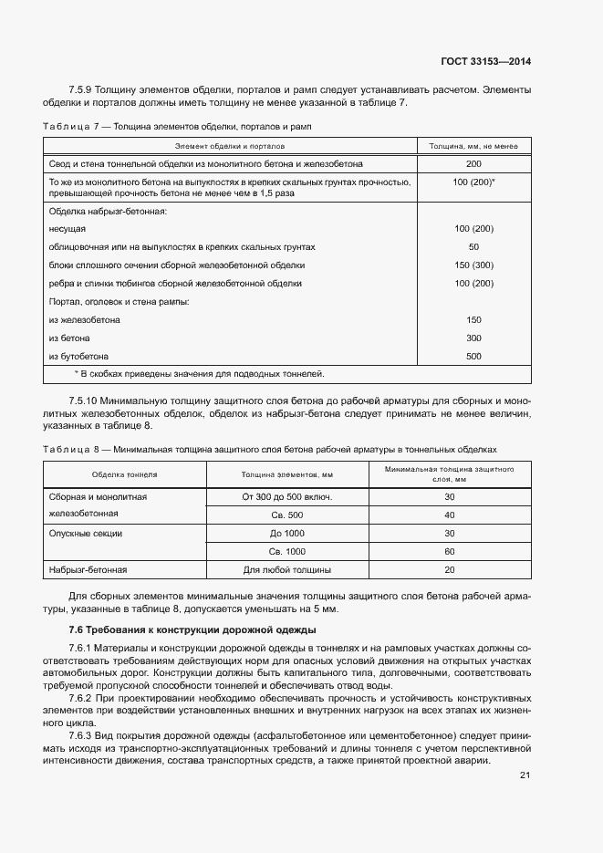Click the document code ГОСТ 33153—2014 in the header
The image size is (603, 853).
(x=485, y=62)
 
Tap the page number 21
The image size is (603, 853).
(x=525, y=775)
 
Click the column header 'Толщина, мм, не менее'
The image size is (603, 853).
(x=473, y=146)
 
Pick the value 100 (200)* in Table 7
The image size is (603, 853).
(x=473, y=182)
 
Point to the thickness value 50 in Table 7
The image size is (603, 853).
(x=473, y=247)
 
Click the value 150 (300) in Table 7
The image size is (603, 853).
(x=473, y=265)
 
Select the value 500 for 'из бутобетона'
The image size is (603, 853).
(x=473, y=356)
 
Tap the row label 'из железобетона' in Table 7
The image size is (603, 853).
(x=85, y=320)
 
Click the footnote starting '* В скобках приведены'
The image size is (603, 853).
(x=199, y=374)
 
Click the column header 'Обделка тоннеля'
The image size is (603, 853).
(x=125, y=475)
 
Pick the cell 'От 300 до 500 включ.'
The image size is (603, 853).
(x=286, y=497)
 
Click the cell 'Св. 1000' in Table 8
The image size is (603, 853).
(x=286, y=552)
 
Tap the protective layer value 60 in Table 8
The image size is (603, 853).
(x=450, y=552)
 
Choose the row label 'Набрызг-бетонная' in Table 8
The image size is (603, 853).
(x=88, y=570)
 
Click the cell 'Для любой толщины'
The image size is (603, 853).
(x=286, y=570)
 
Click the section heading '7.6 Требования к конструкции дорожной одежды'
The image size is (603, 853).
(x=192, y=630)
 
